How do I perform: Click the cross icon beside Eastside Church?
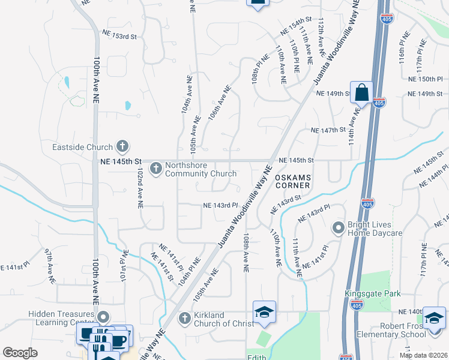pyautogui.click(x=122, y=146)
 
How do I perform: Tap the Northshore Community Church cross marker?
pyautogui.click(x=155, y=168)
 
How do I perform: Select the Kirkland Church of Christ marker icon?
pyautogui.click(x=185, y=318)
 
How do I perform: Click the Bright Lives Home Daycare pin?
pyautogui.click(x=338, y=228)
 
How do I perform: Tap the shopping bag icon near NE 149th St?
pyautogui.click(x=361, y=94)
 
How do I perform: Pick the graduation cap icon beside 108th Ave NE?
pyautogui.click(x=264, y=312)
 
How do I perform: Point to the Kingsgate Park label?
pyautogui.click(x=372, y=293)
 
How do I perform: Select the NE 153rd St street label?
pyautogui.click(x=119, y=37)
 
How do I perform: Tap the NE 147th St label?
pyautogui.click(x=329, y=130)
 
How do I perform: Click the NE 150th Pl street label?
pyautogui.click(x=425, y=79)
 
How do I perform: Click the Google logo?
pyautogui.click(x=20, y=353)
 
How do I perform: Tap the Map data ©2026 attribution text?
pyautogui.click(x=423, y=355)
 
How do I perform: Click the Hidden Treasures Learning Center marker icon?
pyautogui.click(x=103, y=317)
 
